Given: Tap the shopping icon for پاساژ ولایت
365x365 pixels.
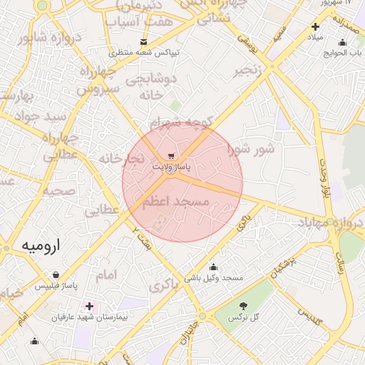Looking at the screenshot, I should [171, 155].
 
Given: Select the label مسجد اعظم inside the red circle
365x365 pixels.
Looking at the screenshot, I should [176, 202].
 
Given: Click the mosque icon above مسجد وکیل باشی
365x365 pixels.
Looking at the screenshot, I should [213, 267].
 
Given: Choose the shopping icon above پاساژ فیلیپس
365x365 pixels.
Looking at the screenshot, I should [56, 274].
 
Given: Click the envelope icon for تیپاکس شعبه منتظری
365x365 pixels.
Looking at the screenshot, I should [144, 42].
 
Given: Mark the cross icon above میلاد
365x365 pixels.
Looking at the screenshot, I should [315, 26].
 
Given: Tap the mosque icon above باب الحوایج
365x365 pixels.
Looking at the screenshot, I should [343, 42].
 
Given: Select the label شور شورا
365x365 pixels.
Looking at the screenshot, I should [251, 149].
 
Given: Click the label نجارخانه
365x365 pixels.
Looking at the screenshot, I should [121, 158].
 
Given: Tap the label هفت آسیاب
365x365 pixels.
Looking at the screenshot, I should [139, 23].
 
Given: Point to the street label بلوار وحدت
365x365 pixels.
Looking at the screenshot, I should [326, 177].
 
